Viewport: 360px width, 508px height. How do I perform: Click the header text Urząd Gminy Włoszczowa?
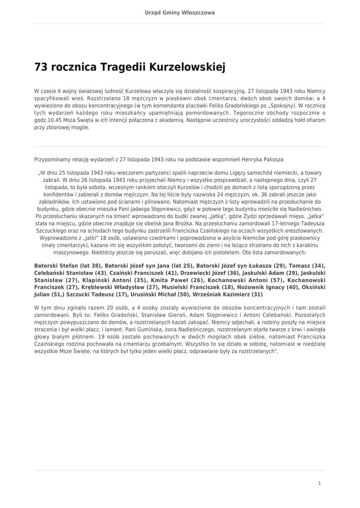180,12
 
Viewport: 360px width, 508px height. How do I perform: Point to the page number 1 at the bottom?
319,483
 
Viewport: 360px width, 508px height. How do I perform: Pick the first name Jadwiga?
169,209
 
